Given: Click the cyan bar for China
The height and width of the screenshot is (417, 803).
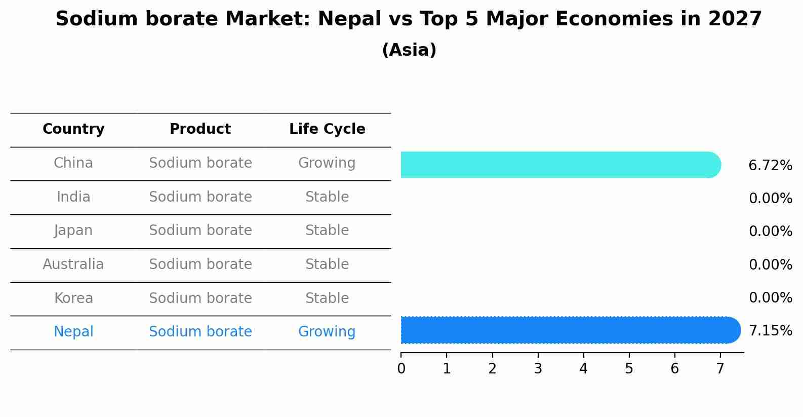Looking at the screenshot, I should (x=559, y=165).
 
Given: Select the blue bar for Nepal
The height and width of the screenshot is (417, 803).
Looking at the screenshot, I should (x=570, y=330).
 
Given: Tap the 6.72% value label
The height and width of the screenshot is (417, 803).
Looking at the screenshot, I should (x=770, y=166).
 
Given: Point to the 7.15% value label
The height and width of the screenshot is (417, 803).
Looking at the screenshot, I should (x=770, y=331).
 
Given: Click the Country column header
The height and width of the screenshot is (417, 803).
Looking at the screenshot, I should (x=73, y=129).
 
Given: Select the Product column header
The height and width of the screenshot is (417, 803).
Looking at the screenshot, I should (x=200, y=129).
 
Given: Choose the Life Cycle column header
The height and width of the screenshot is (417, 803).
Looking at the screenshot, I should (x=327, y=129).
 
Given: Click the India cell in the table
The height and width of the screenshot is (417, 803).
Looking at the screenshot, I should (x=73, y=197).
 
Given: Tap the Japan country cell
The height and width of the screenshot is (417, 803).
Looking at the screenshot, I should (x=73, y=231).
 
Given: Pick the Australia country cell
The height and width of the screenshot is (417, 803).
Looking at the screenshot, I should (x=73, y=264).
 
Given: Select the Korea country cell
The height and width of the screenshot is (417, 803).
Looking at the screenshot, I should (x=73, y=298).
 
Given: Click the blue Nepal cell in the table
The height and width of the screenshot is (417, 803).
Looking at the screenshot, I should (x=73, y=332).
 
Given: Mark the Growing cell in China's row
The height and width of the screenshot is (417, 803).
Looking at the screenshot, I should (x=327, y=163).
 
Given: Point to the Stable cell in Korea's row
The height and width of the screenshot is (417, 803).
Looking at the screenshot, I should (x=327, y=298).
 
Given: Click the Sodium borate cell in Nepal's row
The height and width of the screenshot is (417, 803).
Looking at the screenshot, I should (x=200, y=332).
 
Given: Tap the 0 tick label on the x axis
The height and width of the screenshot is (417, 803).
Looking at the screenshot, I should (x=401, y=369).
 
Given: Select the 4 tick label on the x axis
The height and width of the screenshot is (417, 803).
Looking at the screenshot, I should (x=583, y=369).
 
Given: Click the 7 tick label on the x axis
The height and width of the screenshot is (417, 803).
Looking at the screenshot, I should (x=720, y=369).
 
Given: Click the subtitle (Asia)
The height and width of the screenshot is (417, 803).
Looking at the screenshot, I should (x=409, y=50).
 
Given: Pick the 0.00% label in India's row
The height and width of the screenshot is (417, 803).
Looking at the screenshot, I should (x=770, y=199).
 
